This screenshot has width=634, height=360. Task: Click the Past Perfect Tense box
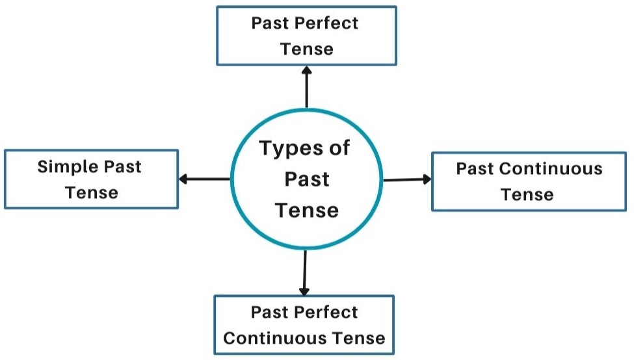click(x=306, y=36)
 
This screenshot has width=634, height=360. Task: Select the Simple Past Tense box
click(x=91, y=179)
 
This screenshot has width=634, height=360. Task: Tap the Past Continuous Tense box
click(x=529, y=181)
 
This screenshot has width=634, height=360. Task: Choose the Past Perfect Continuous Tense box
click(x=304, y=325)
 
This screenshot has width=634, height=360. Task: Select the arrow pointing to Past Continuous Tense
click(x=407, y=179)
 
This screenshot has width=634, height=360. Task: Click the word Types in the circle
click(x=291, y=149)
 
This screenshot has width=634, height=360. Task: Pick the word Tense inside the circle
click(x=306, y=210)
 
